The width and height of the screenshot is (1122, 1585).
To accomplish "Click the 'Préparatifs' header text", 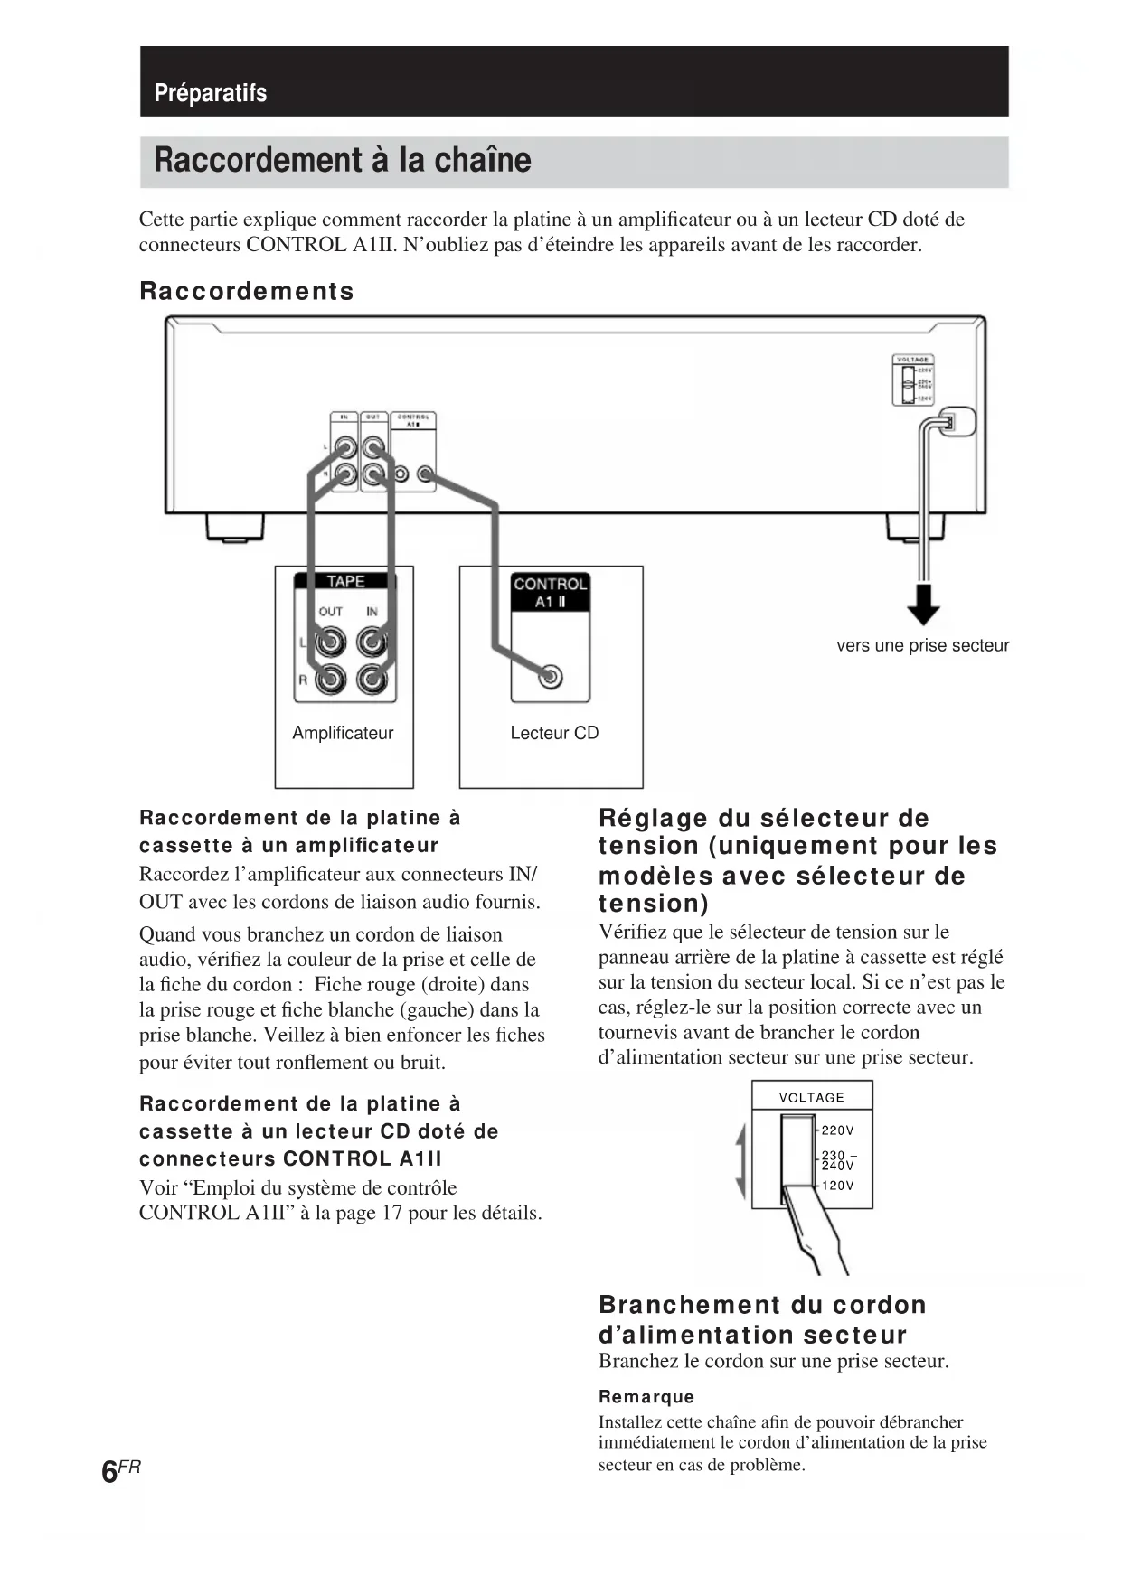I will click(x=210, y=93).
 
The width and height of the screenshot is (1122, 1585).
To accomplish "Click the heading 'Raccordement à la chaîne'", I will click(x=343, y=160).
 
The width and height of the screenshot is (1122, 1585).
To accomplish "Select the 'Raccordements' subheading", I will click(x=246, y=291).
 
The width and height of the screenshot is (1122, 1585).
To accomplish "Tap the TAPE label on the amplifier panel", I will click(x=345, y=582).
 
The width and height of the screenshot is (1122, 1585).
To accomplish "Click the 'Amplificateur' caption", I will click(x=343, y=733).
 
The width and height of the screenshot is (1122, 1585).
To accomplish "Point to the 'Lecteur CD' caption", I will click(x=554, y=733).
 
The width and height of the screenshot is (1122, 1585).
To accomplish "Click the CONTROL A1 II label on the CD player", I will click(x=550, y=593).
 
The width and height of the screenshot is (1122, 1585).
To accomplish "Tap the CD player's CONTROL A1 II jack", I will click(x=550, y=676).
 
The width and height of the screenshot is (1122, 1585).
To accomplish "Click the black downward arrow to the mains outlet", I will click(x=922, y=605).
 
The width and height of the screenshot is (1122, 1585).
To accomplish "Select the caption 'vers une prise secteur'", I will click(x=922, y=645).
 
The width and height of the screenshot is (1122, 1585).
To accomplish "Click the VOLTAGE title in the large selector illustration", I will click(x=811, y=1097).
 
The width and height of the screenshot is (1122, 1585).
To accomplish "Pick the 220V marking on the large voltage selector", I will click(x=837, y=1130).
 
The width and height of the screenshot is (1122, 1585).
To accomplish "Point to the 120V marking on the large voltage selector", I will click(x=837, y=1186).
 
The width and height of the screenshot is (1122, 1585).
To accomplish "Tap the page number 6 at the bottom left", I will click(x=109, y=1471).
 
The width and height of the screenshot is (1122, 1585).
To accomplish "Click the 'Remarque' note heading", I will click(x=646, y=1396).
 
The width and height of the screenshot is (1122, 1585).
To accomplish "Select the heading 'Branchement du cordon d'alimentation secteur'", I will click(x=762, y=1319).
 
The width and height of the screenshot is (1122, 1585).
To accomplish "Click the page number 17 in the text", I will click(x=391, y=1213).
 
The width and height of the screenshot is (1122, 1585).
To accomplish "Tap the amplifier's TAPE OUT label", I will click(x=330, y=612).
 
